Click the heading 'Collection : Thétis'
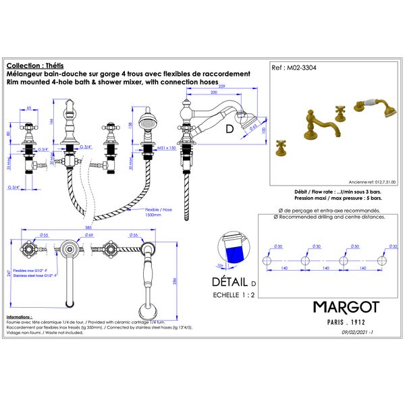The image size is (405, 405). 30,66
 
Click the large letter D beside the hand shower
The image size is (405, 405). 229,128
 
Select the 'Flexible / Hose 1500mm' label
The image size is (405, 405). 159,213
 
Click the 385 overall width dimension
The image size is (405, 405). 88,227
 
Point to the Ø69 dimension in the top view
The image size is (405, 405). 90,235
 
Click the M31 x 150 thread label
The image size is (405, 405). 165,147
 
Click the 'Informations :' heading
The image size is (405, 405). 22,316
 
